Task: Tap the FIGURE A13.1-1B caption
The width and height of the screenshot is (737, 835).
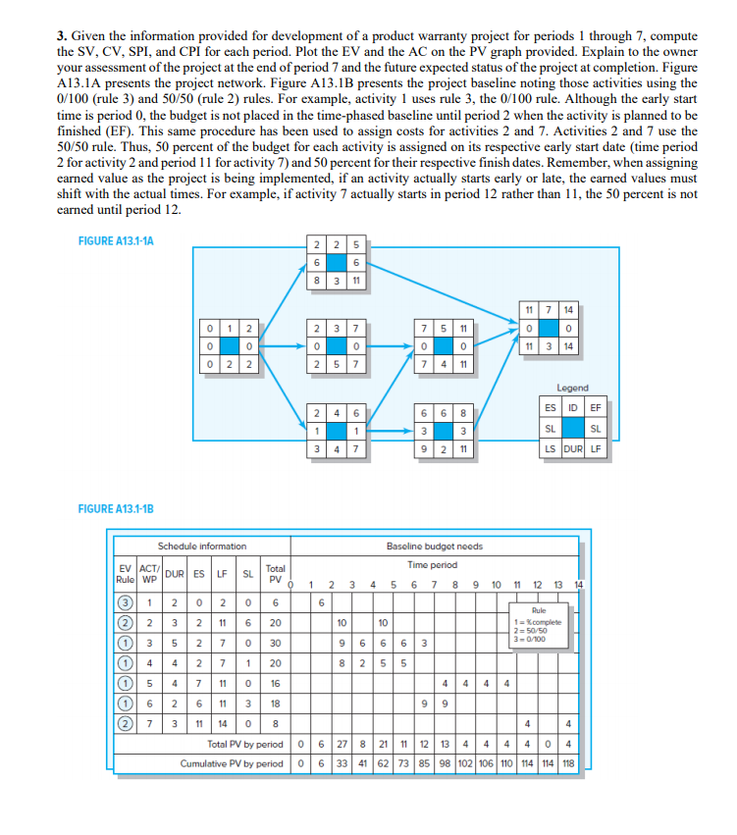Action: click(116, 508)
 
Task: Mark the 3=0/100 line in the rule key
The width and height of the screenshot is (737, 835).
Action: click(528, 638)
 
